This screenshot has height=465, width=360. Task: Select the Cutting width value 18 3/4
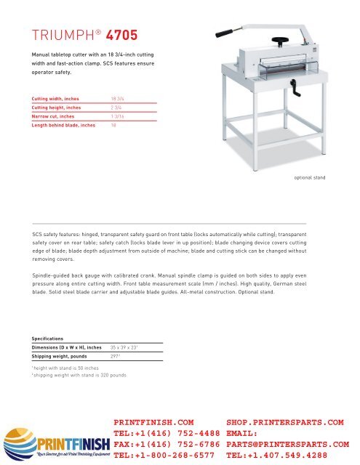coord(118,97)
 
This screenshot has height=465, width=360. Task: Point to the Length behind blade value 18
coord(113,126)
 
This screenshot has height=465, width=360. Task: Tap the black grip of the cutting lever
coord(218,32)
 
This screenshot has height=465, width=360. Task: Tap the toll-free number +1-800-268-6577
coord(167,455)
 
